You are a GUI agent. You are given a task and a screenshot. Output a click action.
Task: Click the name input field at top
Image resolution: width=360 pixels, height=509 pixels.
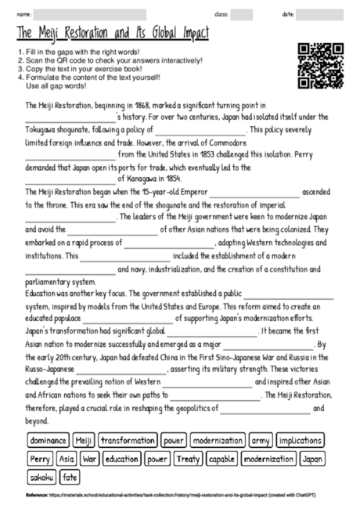tap(90, 14)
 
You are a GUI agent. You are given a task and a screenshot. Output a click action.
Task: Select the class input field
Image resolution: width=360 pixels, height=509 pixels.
tap(242, 14)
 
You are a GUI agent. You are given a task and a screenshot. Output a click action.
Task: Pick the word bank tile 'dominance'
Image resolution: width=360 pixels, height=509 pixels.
tap(49, 441)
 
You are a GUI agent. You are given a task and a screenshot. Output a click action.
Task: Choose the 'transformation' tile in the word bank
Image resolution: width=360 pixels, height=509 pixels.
tap(128, 441)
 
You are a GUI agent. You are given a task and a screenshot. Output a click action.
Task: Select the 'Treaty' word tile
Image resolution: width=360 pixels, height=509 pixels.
tap(188, 459)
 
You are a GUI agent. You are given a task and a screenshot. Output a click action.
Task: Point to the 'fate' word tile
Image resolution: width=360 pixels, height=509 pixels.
tap(70, 477)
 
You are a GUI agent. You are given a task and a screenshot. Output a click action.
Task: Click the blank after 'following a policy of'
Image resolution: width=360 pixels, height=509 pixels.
tap(201, 132)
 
